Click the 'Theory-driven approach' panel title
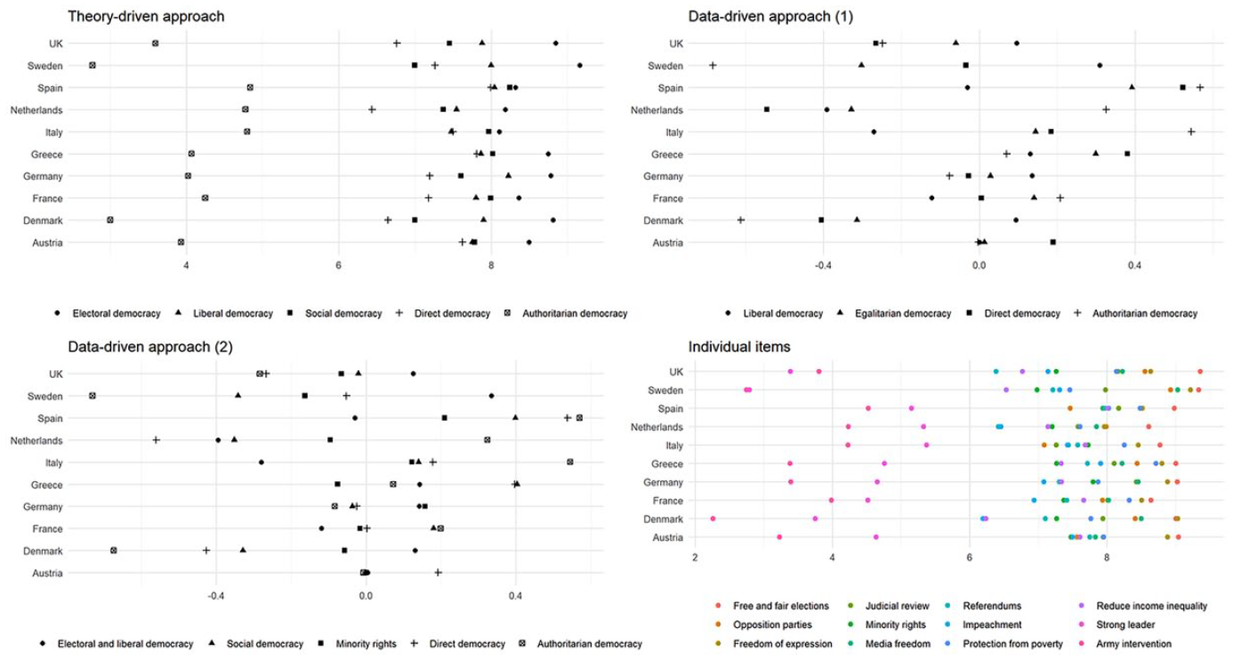point(146,17)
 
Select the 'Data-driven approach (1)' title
point(770,17)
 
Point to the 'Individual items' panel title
point(739,347)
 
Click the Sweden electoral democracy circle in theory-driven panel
point(580,66)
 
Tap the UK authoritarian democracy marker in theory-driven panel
point(155,43)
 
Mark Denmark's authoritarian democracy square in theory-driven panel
point(110,221)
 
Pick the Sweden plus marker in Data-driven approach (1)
point(713,66)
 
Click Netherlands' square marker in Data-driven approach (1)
point(767,109)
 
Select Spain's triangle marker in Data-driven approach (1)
point(1132,87)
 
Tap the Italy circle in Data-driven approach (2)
point(262,463)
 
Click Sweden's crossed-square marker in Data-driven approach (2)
point(93,396)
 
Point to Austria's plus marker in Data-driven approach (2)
point(439,573)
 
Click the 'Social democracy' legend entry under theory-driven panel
point(343,314)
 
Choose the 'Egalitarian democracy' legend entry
point(903,314)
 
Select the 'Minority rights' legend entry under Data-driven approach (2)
point(366,644)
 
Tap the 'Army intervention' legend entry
point(1134,644)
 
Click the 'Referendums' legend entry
point(992,606)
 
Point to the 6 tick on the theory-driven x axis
point(339,266)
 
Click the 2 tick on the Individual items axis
point(695,559)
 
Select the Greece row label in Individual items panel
point(667,464)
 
